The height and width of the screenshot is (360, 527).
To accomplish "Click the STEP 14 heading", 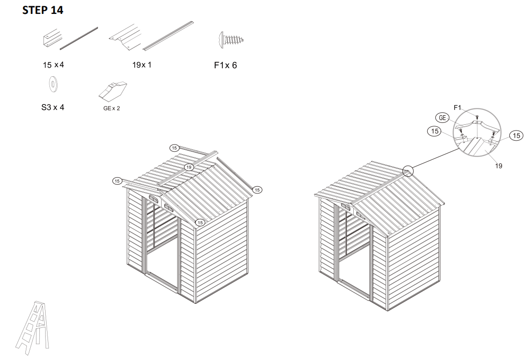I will point(43,11).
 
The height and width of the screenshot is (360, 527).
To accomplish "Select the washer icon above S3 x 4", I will point(52,84).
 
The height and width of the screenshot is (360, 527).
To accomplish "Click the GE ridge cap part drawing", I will point(112,89).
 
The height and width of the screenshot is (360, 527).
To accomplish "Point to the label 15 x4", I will point(52,65).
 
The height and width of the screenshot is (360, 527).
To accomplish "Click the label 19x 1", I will point(142,65).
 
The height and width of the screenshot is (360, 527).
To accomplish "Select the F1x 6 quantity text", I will point(225,65).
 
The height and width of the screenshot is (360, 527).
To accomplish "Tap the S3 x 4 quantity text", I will point(52,107).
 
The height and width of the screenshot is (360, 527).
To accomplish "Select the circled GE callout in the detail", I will point(442,118).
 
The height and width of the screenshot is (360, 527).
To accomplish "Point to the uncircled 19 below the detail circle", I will point(499,166).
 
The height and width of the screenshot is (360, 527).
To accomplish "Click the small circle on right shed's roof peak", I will point(407,170).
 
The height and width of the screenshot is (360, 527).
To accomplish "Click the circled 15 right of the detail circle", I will point(516,136).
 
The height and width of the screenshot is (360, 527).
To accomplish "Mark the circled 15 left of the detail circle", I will point(434,131).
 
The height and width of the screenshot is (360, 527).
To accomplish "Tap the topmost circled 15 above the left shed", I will point(174,147).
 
